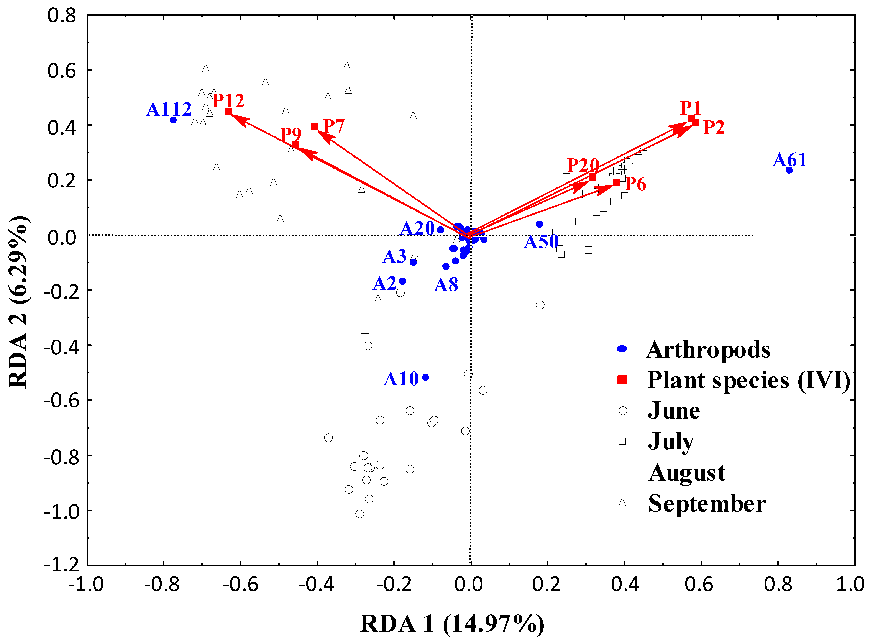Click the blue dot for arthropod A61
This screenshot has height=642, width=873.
pyautogui.click(x=789, y=170)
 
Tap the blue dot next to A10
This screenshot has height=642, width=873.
pyautogui.click(x=425, y=377)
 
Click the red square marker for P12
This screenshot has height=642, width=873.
pyautogui.click(x=229, y=112)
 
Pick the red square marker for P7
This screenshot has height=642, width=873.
pyautogui.click(x=314, y=127)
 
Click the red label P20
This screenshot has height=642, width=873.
pyautogui.click(x=583, y=166)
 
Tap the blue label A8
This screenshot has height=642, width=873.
pyautogui.click(x=446, y=285)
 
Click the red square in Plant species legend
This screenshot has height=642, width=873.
pyautogui.click(x=622, y=380)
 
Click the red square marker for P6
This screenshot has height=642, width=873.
pyautogui.click(x=617, y=182)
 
